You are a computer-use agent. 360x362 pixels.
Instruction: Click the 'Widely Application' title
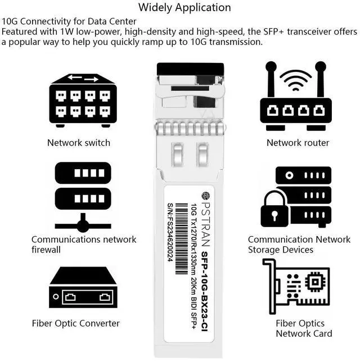(x=184, y=8)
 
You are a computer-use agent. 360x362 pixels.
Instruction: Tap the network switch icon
(x=83, y=101)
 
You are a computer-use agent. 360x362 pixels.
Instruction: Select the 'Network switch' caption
(x=79, y=143)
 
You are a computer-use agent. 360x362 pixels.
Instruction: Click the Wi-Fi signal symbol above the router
(x=295, y=80)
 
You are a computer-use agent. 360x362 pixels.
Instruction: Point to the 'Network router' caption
(x=298, y=143)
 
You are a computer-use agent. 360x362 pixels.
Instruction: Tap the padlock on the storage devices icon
(x=274, y=209)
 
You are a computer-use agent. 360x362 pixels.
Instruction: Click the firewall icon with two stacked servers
(x=83, y=197)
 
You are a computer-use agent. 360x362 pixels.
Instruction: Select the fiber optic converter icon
(x=83, y=287)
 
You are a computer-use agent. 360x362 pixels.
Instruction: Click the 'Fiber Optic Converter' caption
(x=76, y=323)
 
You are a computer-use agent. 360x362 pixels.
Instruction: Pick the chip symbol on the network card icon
(x=315, y=282)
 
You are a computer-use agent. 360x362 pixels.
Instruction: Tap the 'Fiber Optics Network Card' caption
(x=304, y=328)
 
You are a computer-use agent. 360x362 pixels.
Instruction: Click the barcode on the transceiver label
(x=181, y=239)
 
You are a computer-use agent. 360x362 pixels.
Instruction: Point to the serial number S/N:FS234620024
(x=170, y=233)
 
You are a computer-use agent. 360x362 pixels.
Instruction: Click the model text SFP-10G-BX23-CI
(x=204, y=291)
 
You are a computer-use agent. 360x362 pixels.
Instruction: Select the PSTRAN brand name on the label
(x=205, y=224)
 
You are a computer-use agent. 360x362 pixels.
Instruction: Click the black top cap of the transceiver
(x=190, y=69)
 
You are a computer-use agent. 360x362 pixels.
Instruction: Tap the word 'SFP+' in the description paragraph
(x=273, y=31)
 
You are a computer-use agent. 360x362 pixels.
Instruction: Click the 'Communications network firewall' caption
(x=84, y=245)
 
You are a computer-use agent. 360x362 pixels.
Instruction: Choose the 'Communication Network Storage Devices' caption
(x=299, y=245)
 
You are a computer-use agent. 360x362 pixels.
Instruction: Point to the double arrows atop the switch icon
(x=83, y=78)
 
